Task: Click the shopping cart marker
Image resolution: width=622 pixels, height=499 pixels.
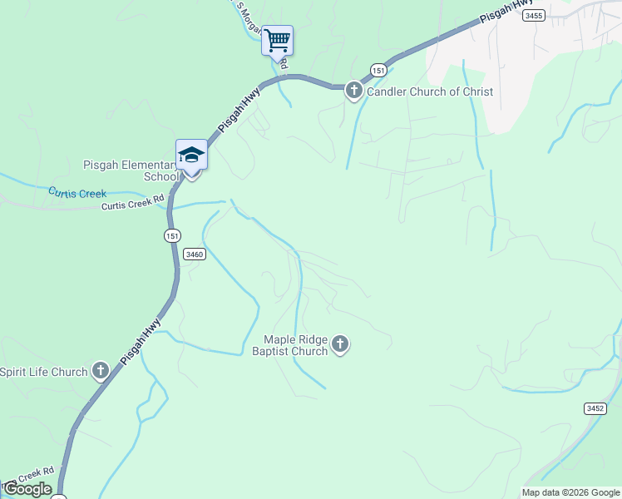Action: pyautogui.click(x=277, y=40)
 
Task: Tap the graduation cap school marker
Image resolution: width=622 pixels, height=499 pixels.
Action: pyautogui.click(x=191, y=155)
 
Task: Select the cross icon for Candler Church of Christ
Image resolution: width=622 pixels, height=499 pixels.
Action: pyautogui.click(x=353, y=91)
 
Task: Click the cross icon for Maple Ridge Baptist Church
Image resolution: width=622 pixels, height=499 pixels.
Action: pyautogui.click(x=339, y=343)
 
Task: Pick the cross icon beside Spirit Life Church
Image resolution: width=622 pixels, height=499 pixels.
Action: pyautogui.click(x=101, y=371)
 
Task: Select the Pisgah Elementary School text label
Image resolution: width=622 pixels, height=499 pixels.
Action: pyautogui.click(x=131, y=170)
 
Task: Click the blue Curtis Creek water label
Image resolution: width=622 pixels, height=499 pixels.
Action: pyautogui.click(x=77, y=193)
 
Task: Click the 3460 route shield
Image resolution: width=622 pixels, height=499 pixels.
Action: pyautogui.click(x=194, y=254)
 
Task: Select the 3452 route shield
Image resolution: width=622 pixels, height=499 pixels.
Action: pyautogui.click(x=595, y=408)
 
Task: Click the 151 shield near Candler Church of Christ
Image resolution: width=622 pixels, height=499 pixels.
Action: pyautogui.click(x=378, y=70)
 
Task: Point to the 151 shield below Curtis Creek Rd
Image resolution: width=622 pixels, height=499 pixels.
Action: pyautogui.click(x=171, y=235)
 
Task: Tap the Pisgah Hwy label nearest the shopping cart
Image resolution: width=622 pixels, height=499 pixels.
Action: pyautogui.click(x=239, y=108)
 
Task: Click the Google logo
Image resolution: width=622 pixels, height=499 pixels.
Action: pyautogui.click(x=27, y=489)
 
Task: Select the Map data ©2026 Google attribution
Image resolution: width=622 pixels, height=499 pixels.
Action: pyautogui.click(x=570, y=492)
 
